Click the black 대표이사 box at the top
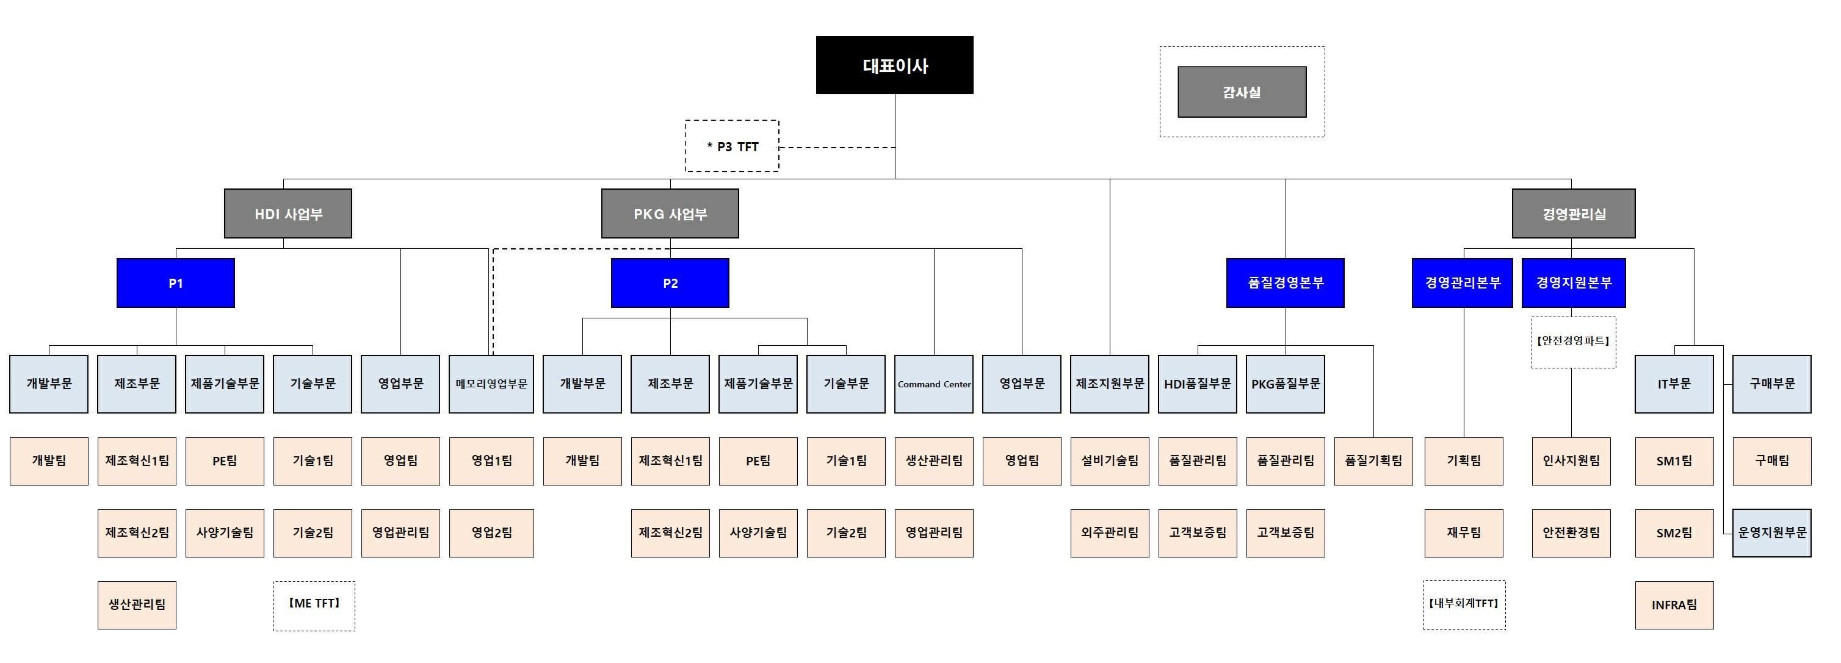pos(894,65)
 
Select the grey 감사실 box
pos(1242,92)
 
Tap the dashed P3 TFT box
pos(732,146)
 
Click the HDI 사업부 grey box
pos(288,213)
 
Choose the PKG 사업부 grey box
pos(670,213)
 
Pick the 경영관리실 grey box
pos(1573,213)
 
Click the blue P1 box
pos(176,283)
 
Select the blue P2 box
pos(670,283)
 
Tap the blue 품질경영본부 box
pos(1285,283)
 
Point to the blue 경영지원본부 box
pos(1573,283)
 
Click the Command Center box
pos(933,384)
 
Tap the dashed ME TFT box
pos(314,604)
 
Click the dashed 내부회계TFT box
pos(1464,604)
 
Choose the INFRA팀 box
pos(1674,605)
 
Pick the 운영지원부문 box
pos(1771,533)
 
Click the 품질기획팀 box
pos(1373,462)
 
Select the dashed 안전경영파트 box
pos(1573,342)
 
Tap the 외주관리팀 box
pos(1109,533)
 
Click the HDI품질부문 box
pos(1197,384)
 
